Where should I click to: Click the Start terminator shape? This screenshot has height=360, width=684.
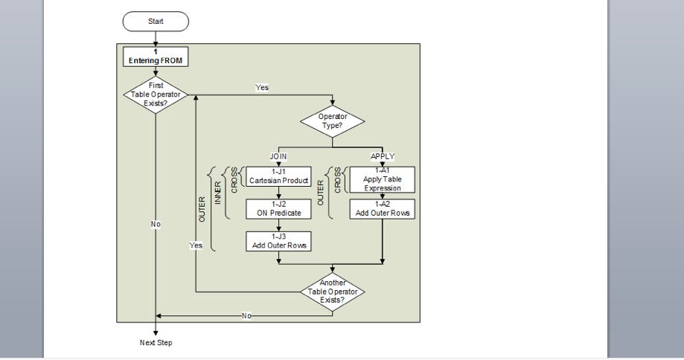[156, 22]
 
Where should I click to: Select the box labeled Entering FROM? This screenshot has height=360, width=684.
[156, 57]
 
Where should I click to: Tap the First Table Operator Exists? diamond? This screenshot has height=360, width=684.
[156, 94]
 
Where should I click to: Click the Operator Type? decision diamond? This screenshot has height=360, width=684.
[333, 120]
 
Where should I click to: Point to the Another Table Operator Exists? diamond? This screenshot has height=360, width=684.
[332, 292]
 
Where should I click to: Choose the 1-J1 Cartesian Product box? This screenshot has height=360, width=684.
[278, 176]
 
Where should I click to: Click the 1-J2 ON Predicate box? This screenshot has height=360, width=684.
[278, 209]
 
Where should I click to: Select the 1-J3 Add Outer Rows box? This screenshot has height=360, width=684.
[278, 241]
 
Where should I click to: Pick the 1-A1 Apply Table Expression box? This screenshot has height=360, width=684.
[382, 179]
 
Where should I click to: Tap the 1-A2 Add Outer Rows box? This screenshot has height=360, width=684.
[382, 209]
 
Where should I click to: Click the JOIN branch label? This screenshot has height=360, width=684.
[278, 157]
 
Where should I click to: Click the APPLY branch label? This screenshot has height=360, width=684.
[382, 157]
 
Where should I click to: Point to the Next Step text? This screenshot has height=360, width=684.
[156, 343]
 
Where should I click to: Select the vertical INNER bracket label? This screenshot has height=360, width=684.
[218, 193]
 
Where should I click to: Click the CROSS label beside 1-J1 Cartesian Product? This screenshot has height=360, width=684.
[235, 180]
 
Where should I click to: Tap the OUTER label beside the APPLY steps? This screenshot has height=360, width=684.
[321, 193]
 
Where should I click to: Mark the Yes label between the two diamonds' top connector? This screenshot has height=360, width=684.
[262, 88]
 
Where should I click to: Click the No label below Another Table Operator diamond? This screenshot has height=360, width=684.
[246, 316]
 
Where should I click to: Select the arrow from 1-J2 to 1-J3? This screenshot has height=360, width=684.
[278, 225]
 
